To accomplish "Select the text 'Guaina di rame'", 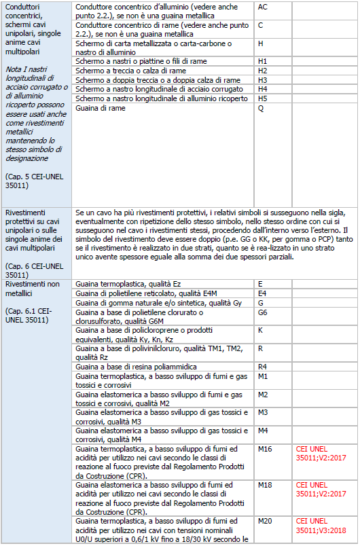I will click(x=100, y=108).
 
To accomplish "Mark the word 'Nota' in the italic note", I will click(x=14, y=69).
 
